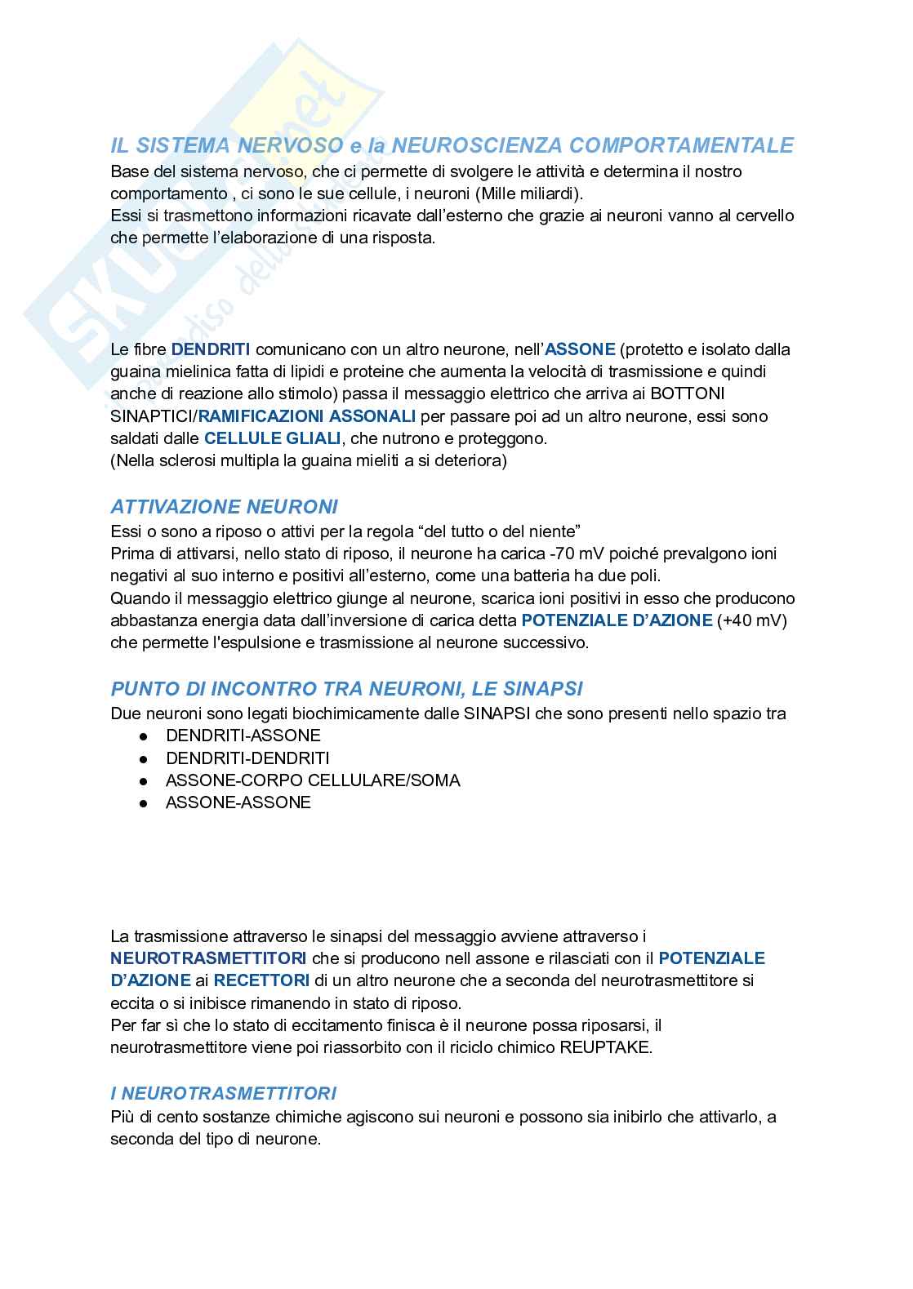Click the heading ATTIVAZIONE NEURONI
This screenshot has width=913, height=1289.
tap(224, 507)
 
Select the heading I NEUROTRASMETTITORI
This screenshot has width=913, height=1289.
tap(224, 1093)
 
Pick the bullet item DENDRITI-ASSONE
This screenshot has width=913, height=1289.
tap(243, 736)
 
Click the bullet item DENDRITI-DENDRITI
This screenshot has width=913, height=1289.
tap(247, 758)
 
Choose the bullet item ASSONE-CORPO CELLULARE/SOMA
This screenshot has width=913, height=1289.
tap(313, 780)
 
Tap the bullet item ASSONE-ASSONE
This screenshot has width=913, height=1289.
tap(238, 802)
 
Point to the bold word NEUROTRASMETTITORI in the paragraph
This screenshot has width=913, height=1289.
tap(209, 958)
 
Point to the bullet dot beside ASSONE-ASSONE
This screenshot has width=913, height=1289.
tap(144, 803)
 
